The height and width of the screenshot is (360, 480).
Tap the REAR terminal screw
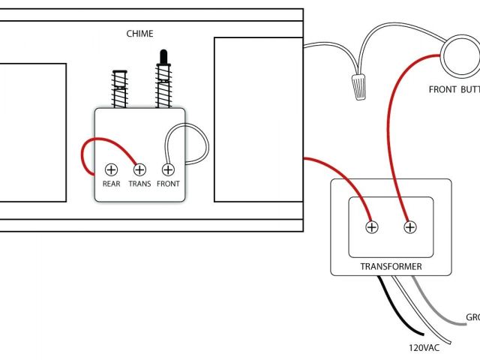coord(111,169)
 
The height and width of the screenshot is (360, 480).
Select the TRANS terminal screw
coord(139,169)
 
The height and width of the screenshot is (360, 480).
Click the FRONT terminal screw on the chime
coord(169,169)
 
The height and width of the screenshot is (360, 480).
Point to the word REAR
coord(111,184)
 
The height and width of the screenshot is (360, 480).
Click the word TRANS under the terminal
coord(139,184)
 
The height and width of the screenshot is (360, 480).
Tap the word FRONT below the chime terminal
coord(169,184)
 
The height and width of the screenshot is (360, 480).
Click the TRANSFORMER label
coord(391,266)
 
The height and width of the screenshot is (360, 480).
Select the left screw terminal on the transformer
coord(371,226)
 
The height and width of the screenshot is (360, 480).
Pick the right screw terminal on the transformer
coord(410,226)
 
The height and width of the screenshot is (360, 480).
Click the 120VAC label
coord(424,348)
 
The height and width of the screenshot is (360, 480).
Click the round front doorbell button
coord(458,57)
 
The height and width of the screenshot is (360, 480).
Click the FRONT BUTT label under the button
coord(454,89)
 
